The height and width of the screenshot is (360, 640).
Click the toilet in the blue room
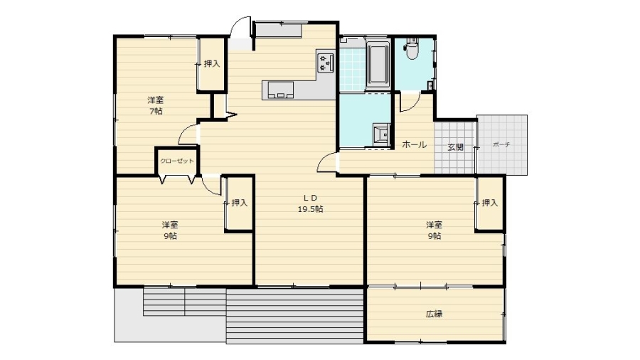[x=412, y=48]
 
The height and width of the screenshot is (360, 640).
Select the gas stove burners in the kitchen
[x=326, y=62]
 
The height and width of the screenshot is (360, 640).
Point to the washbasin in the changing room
[x=382, y=133]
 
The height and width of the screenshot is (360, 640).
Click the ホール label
[x=415, y=144]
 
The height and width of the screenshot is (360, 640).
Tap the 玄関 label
[x=455, y=147]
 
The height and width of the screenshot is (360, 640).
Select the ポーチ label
[x=501, y=144]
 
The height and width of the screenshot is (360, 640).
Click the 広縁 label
[x=434, y=314]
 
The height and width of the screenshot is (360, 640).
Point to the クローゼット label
[x=177, y=161]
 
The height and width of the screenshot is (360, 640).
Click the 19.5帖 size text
[x=310, y=209]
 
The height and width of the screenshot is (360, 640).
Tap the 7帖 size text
[x=156, y=111]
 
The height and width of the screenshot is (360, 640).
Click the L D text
[x=310, y=198]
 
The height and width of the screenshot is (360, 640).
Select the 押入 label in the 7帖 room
[x=212, y=63]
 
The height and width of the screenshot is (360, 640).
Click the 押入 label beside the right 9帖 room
[x=490, y=203]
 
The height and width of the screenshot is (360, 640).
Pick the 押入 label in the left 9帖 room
[x=240, y=203]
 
